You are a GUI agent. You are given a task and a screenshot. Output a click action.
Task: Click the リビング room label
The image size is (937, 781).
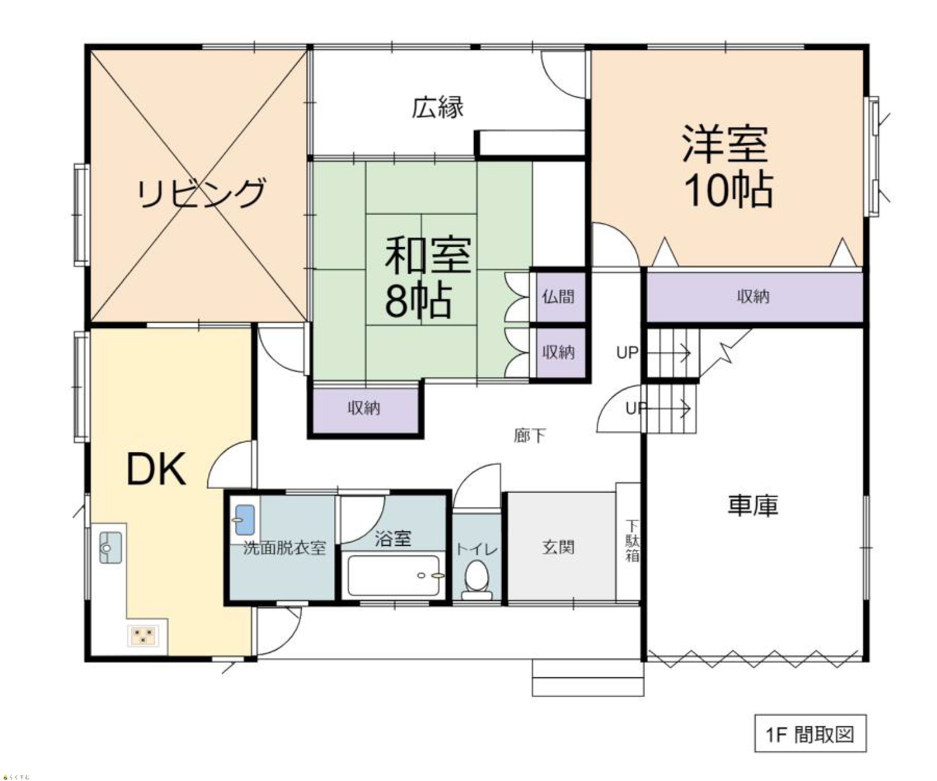click(x=201, y=193)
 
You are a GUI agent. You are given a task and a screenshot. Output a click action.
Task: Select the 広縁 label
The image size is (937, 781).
click(x=437, y=107)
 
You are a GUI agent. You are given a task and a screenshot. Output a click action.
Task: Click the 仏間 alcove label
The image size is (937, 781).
click(x=558, y=296)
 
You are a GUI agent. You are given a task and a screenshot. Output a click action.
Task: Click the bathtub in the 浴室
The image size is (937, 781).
click(x=393, y=576)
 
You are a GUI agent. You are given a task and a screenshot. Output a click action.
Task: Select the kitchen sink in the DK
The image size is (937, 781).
click(x=110, y=547)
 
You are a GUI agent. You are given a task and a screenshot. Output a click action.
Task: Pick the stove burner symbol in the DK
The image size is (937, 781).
click(x=143, y=636)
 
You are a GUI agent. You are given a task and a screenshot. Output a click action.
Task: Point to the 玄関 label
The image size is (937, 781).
click(x=558, y=547)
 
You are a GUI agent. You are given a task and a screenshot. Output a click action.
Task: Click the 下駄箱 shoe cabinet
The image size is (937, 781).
click(x=628, y=543)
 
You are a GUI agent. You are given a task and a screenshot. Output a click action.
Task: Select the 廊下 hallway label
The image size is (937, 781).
click(x=530, y=435)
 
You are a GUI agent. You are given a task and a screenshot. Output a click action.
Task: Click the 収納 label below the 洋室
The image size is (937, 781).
click(x=753, y=296)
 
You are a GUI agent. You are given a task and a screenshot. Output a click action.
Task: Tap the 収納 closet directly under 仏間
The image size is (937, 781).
click(x=560, y=352)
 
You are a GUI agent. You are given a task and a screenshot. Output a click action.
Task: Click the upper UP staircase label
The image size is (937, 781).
click(x=627, y=352)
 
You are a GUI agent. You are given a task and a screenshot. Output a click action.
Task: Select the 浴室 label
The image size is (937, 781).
click(x=393, y=539)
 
